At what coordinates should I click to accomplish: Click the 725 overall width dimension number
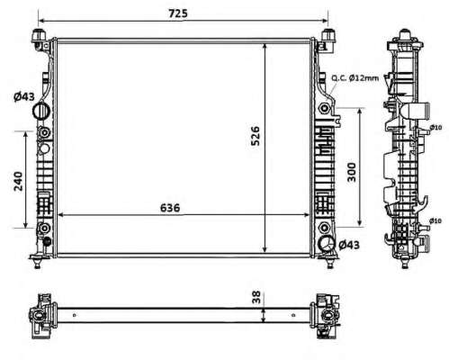[x=178, y=13]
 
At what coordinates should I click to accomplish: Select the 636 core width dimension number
[x=170, y=208]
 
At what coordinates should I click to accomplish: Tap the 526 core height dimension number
[x=256, y=136]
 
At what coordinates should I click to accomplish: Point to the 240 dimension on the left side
[x=18, y=181]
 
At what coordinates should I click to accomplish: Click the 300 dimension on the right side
[x=352, y=172]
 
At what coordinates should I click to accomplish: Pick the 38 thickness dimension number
[x=256, y=297]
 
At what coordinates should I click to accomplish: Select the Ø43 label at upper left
[x=24, y=96]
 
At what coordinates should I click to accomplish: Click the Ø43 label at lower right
[x=349, y=245]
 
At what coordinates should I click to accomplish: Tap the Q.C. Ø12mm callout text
[x=355, y=78]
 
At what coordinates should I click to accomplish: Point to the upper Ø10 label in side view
[x=436, y=128]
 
